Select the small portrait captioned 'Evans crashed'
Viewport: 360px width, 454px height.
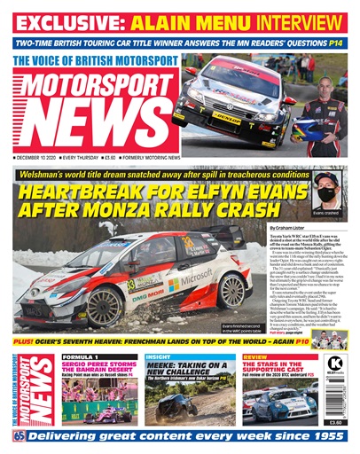tap(326, 193)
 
